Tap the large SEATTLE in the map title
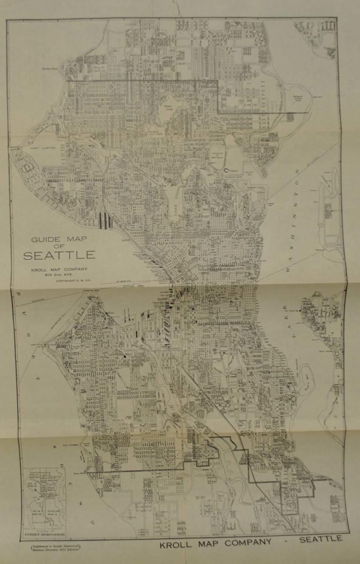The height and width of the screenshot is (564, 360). (x=60, y=256)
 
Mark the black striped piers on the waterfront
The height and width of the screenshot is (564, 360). (x=106, y=221)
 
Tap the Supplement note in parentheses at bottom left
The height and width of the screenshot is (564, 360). (x=51, y=548)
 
